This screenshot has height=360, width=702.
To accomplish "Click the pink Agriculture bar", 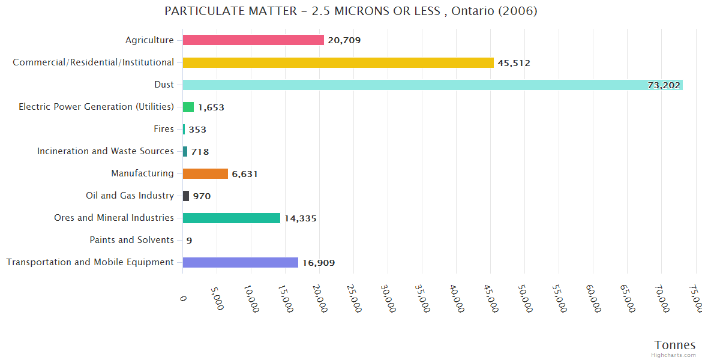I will click(253, 40).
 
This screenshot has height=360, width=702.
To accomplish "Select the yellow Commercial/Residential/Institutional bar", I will click(338, 62).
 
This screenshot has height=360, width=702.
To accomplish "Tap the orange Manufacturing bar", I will click(205, 173).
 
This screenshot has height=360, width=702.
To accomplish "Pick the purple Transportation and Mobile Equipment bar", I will click(240, 262).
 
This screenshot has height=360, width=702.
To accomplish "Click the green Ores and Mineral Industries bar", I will click(231, 218).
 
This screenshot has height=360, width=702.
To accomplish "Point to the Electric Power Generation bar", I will click(188, 107).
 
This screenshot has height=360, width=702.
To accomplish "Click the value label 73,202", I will click(664, 85).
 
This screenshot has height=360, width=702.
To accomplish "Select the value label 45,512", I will click(514, 63).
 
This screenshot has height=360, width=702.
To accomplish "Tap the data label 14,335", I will click(300, 218).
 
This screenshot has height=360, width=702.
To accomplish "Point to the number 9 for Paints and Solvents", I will click(189, 241).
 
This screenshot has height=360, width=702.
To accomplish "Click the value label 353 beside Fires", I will click(197, 130).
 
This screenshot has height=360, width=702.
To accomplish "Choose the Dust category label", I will click(164, 85).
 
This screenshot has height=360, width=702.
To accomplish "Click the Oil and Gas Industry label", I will click(130, 196).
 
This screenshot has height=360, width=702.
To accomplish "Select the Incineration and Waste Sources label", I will click(106, 151).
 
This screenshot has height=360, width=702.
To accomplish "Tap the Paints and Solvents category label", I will click(131, 240).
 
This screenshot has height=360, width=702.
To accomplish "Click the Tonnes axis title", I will click(674, 345).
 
